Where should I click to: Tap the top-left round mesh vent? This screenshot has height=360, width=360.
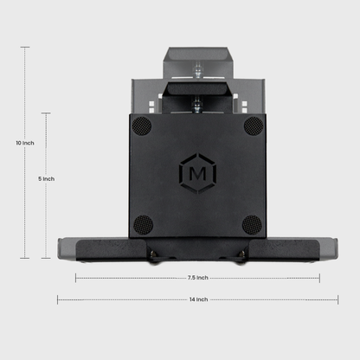(143, 125)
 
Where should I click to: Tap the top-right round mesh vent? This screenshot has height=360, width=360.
(252, 125)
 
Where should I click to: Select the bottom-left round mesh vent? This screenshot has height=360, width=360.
(143, 224)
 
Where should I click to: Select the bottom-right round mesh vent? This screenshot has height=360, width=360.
(252, 224)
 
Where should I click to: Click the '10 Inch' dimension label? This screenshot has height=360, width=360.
(24, 142)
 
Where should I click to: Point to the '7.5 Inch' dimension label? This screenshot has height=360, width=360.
(197, 278)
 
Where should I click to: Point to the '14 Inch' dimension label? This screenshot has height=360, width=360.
(197, 299)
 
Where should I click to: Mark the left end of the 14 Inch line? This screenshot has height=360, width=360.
(58, 299)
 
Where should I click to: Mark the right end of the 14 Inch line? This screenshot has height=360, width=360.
(337, 299)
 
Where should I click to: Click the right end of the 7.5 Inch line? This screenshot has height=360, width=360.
(319, 278)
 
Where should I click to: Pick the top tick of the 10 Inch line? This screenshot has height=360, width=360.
(24, 48)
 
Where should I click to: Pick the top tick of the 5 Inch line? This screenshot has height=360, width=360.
(47, 112)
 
